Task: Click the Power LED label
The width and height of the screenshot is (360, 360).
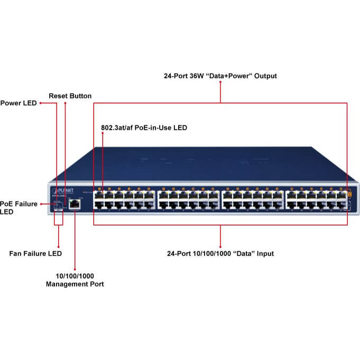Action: pyautogui.click(x=19, y=103)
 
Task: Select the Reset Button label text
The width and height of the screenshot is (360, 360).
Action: pyautogui.click(x=70, y=96)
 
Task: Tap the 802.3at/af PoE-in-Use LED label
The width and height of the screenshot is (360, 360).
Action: pyautogui.click(x=144, y=128)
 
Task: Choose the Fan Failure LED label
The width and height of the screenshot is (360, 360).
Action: pyautogui.click(x=35, y=254)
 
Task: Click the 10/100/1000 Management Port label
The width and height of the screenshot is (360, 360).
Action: pyautogui.click(x=75, y=280)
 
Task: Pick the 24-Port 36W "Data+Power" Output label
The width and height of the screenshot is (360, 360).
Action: pyautogui.click(x=220, y=76)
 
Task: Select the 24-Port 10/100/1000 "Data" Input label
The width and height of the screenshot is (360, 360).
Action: pyautogui.click(x=220, y=254)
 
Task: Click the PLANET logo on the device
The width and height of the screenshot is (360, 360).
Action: pyautogui.click(x=63, y=190)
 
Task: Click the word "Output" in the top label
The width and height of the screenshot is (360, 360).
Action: pyautogui.click(x=265, y=76)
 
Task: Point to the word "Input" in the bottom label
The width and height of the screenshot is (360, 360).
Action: pyautogui.click(x=264, y=254)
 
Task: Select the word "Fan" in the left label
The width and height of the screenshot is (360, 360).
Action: pyautogui.click(x=16, y=254)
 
